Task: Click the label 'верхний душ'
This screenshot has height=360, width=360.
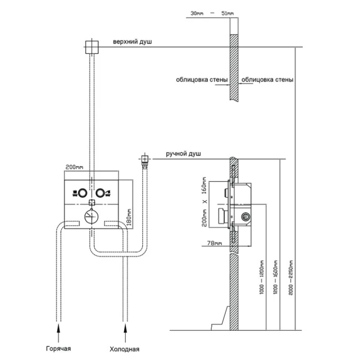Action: (133, 42)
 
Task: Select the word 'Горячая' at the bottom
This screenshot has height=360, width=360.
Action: (58, 349)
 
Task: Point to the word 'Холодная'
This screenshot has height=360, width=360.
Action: (125, 349)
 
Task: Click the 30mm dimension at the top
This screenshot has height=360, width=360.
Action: (197, 14)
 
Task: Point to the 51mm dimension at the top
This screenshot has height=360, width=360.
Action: (228, 14)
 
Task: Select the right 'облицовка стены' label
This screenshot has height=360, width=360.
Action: (268, 80)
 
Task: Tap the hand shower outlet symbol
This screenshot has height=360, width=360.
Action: (144, 159)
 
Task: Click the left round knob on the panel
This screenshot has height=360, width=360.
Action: (82, 193)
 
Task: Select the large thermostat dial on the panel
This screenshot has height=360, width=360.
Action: (92, 216)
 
